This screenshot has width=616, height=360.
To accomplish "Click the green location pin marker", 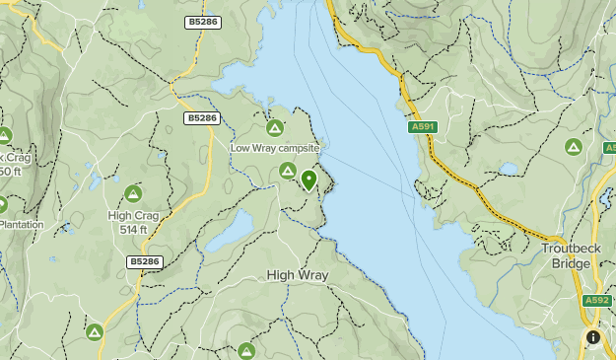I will pos(308,180).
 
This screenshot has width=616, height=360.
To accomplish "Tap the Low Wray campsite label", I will pos(275,148).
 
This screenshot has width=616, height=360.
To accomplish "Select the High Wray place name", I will pos(297,275).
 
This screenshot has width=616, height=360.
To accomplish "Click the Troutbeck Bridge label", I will pos(572,256).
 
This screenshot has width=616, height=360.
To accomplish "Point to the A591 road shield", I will pos(422,127).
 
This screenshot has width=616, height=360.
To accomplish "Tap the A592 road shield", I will pos(596,301).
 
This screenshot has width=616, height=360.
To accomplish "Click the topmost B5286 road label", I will pos(201,21).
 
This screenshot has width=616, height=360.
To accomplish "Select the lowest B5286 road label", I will pos(144,261).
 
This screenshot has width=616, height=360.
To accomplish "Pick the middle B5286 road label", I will pos(201,118).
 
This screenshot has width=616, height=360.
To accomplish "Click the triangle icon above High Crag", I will pos(133,193).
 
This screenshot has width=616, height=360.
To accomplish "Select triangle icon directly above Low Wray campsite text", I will pos(275,127).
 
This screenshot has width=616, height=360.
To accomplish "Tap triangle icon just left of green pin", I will pos(287,172).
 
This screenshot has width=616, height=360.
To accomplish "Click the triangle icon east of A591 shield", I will pos(573,147).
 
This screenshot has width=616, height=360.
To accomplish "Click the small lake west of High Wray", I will pos(230,237).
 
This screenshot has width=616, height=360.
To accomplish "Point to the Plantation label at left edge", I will pos(21,224).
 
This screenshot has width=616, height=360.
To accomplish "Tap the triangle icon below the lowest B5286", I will pos(95,332).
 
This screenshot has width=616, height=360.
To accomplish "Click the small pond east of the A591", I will pos(508,169).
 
